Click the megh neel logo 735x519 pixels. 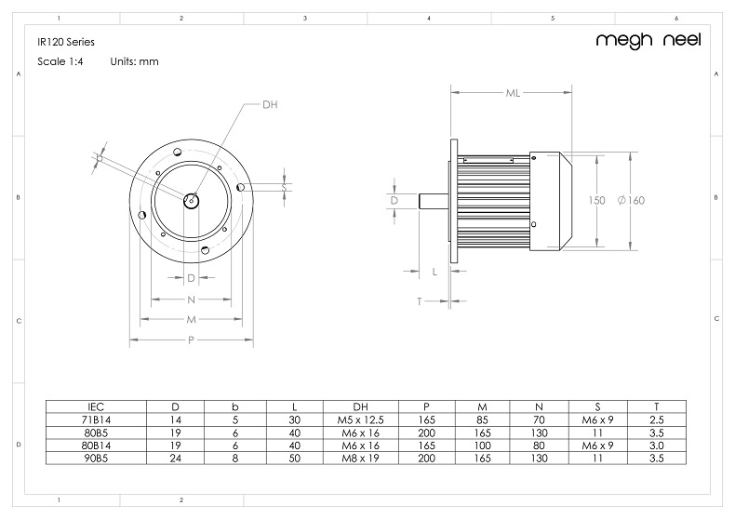click(648, 40)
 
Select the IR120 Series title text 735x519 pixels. click(66, 42)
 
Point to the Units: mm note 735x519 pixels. click(135, 61)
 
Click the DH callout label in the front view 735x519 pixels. click(270, 105)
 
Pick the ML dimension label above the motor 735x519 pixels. click(513, 93)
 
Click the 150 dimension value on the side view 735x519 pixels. click(596, 201)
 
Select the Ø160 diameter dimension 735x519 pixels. click(631, 201)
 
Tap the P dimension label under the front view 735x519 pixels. click(191, 340)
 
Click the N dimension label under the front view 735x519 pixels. click(191, 299)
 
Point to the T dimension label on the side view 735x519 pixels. click(420, 301)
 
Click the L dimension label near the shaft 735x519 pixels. click(435, 271)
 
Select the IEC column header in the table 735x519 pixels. click(96, 406)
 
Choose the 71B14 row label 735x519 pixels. click(96, 419)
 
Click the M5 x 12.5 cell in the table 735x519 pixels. click(360, 419)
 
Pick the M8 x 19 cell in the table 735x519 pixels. click(360, 459)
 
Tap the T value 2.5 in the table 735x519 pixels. click(657, 419)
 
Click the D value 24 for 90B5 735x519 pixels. click(176, 459)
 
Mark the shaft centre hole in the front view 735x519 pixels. click(191, 199)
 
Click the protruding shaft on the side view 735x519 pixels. click(434, 200)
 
